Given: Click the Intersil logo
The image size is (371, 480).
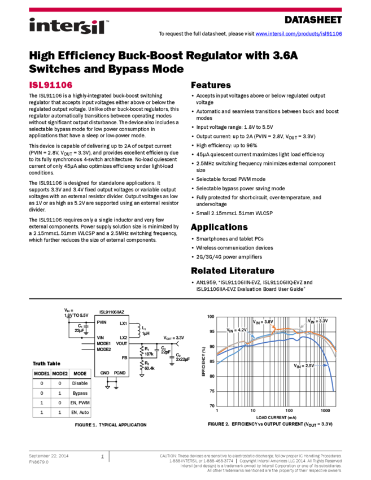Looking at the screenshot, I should [69, 27].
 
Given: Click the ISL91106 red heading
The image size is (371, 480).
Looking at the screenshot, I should [51, 85].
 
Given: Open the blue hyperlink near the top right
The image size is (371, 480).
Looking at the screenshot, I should [299, 34].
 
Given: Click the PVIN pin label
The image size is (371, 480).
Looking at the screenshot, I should [102, 322].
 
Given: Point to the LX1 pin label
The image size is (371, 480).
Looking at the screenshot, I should [123, 324].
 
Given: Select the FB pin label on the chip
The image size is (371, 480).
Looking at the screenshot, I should [124, 357].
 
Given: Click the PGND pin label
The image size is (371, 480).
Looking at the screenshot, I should [120, 373].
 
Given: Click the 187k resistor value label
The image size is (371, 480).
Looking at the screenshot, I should [149, 354].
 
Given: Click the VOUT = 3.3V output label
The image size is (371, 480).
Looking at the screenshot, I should [174, 338].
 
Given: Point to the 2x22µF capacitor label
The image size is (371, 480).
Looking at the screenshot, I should [182, 359].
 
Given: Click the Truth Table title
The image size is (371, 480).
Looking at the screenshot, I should [46, 364].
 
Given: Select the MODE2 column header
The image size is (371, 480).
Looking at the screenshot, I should [60, 374].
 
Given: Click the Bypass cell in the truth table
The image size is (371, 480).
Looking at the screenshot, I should [80, 392].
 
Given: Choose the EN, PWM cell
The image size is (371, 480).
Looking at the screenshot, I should [80, 403].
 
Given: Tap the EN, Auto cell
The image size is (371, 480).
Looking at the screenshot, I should [80, 413].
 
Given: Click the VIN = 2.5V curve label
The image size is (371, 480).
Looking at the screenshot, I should [304, 366].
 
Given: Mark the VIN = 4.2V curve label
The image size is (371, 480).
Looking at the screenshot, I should [237, 330].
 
